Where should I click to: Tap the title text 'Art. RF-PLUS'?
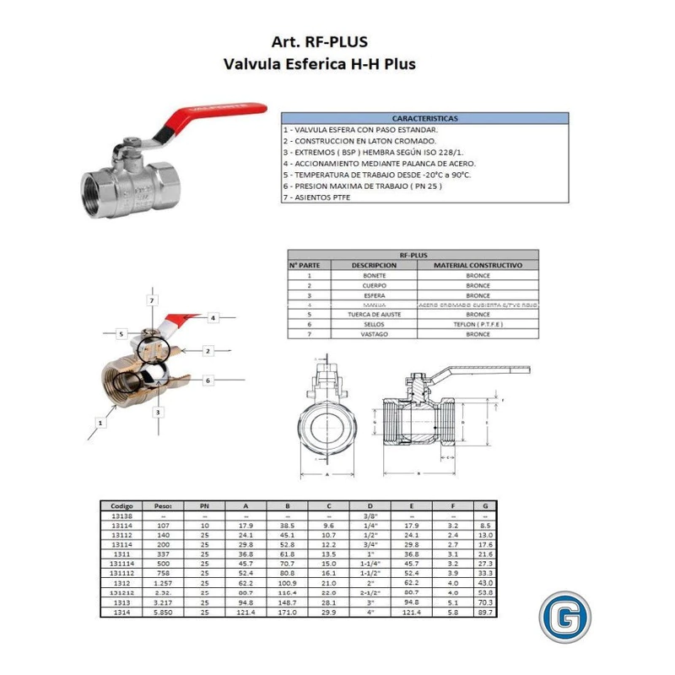[x=319, y=41]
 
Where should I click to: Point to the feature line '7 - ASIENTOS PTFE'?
[x=317, y=197]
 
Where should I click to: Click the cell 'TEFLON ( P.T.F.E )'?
[x=478, y=324]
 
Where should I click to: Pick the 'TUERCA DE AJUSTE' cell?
[x=374, y=314]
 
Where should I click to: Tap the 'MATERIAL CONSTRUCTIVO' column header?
[x=478, y=265]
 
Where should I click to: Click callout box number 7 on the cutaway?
[x=151, y=300]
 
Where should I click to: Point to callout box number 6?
[x=207, y=381]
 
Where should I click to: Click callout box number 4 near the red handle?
[x=213, y=317]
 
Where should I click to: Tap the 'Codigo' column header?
[x=121, y=506]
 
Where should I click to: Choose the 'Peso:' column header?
[x=163, y=506]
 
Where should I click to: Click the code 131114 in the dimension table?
[x=121, y=562]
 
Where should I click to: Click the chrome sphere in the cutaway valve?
[x=153, y=375]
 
